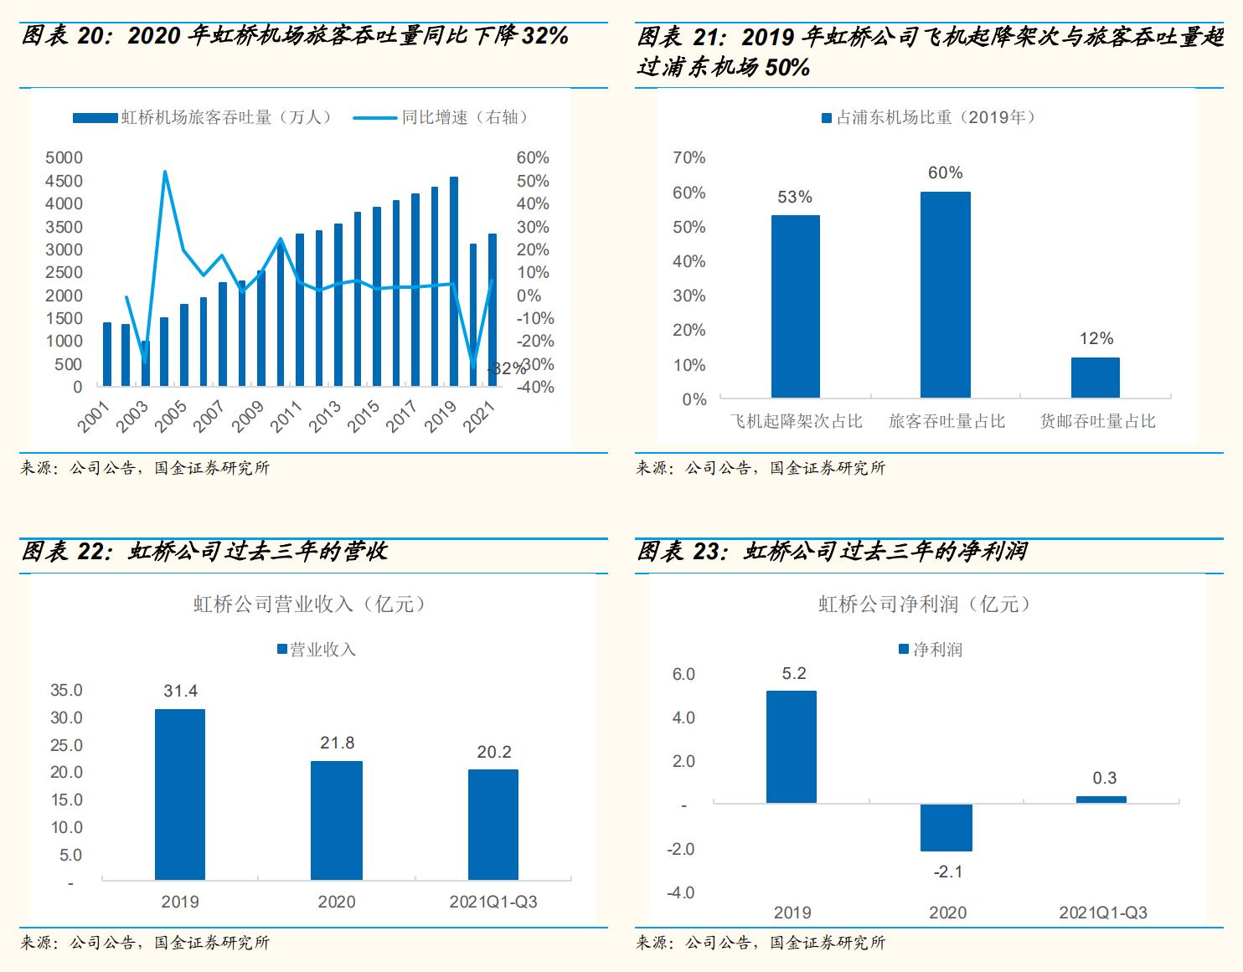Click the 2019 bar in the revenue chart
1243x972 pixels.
tap(180, 794)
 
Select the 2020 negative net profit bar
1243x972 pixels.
tap(946, 827)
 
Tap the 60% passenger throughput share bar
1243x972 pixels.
tap(946, 295)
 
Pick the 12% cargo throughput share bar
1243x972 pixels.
tap(1096, 378)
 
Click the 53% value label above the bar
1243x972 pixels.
tap(795, 198)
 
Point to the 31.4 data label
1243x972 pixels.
tap(180, 692)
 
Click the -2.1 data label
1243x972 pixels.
tap(947, 872)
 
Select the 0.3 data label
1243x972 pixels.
tap(1105, 779)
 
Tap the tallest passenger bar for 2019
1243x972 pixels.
tap(454, 281)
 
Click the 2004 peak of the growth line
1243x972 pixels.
tap(165, 172)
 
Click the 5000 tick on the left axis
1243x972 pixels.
tap(64, 158)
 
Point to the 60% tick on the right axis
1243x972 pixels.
tap(533, 158)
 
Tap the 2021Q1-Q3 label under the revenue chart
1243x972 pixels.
tap(493, 902)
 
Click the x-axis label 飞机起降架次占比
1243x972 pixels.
tap(796, 421)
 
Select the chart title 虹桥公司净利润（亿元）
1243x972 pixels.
tap(926, 604)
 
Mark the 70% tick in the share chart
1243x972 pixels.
tap(689, 158)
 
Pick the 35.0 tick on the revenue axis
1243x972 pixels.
tap(67, 691)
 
